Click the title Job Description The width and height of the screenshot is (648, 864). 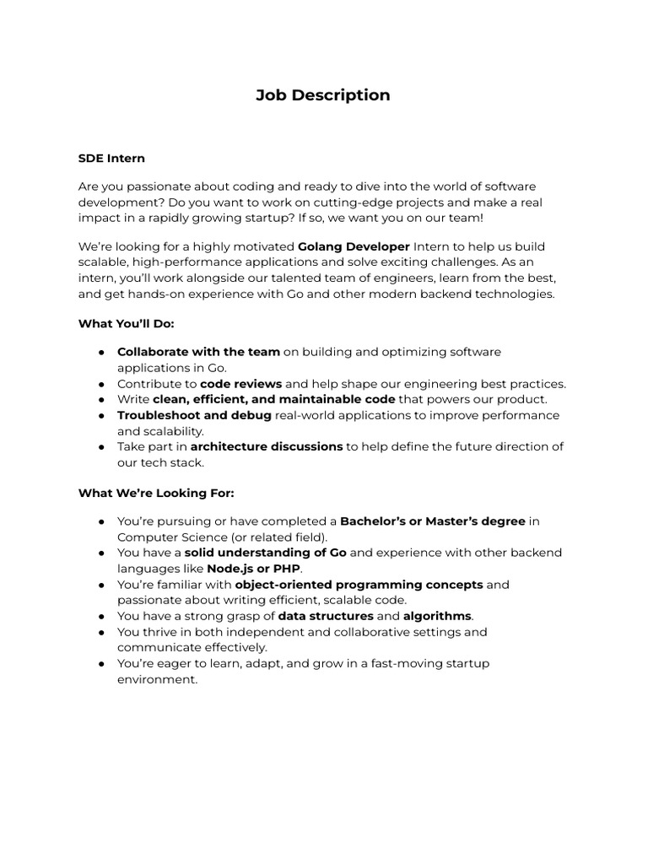pyautogui.click(x=323, y=95)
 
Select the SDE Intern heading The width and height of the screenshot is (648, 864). pyautogui.click(x=111, y=158)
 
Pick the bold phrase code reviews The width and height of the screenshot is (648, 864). pyautogui.click(x=241, y=384)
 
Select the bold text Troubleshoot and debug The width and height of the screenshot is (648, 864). pyautogui.click(x=194, y=415)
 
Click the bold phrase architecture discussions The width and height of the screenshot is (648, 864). pyautogui.click(x=267, y=446)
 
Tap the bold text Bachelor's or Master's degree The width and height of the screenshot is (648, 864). pyautogui.click(x=432, y=521)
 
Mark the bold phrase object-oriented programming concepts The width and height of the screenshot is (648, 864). pyautogui.click(x=359, y=584)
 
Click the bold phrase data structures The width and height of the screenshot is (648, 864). pyautogui.click(x=325, y=616)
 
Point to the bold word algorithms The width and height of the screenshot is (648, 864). pyautogui.click(x=437, y=616)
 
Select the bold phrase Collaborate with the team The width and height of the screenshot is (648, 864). pyautogui.click(x=198, y=352)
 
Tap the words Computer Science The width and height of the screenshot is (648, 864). pyautogui.click(x=169, y=537)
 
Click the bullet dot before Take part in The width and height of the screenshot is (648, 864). pyautogui.click(x=101, y=447)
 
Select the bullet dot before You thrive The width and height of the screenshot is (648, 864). pyautogui.click(x=101, y=632)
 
